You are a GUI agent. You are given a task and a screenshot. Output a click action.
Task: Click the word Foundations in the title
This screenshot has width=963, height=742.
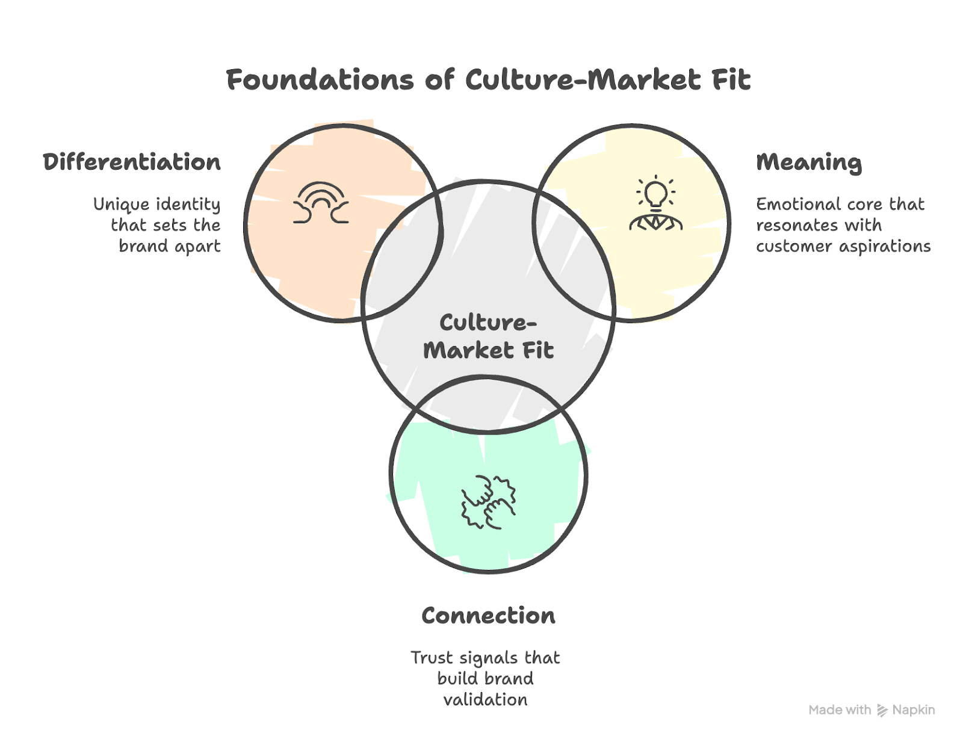pyautogui.click(x=320, y=80)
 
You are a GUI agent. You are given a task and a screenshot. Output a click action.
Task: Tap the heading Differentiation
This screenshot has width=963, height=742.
pyautogui.click(x=132, y=162)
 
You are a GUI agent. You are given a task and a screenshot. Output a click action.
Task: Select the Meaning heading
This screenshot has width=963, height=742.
pyautogui.click(x=808, y=162)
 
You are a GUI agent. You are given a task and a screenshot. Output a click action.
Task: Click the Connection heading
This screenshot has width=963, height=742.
pyautogui.click(x=488, y=616)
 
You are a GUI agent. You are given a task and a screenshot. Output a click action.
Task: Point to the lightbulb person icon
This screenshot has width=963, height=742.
pyautogui.click(x=655, y=204)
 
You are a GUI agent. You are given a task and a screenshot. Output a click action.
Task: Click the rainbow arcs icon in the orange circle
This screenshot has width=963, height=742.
pyautogui.click(x=321, y=203)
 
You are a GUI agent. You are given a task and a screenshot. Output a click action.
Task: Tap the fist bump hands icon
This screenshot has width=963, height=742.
pyautogui.click(x=488, y=501)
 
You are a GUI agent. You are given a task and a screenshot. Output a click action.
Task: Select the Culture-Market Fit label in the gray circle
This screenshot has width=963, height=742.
pyautogui.click(x=488, y=336)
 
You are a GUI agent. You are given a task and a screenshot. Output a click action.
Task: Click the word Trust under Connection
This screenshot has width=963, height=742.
pyautogui.click(x=432, y=658)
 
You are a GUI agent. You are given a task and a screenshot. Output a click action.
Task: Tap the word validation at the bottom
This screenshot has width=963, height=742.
pyautogui.click(x=485, y=700)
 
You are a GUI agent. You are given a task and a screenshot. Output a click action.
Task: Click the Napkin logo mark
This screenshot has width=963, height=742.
pyautogui.click(x=882, y=711)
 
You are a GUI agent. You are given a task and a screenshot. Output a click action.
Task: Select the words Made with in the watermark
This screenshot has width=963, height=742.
pyautogui.click(x=840, y=710)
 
